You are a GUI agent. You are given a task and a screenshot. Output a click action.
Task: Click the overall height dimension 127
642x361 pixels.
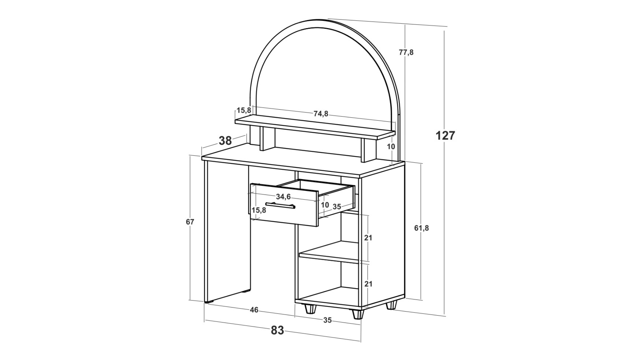445,135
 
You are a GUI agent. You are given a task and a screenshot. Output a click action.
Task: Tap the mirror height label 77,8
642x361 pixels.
406,52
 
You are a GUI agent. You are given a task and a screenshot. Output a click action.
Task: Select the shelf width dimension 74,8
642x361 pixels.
321,114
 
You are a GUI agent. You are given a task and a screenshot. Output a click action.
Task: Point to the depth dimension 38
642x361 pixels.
225,141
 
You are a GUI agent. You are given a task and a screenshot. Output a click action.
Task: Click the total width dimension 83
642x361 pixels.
277,330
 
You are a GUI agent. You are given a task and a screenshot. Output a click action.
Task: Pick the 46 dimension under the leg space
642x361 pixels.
254,310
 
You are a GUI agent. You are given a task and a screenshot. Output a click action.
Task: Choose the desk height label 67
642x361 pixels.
190,222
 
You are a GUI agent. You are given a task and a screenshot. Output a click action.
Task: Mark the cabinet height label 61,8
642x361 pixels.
421,228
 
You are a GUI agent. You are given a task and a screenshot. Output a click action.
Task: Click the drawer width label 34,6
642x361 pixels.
283,197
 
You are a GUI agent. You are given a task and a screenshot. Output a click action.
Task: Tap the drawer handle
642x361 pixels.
280,206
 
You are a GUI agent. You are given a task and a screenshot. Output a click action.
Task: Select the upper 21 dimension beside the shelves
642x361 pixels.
368,238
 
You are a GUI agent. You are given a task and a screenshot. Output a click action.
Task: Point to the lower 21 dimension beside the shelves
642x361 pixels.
368,284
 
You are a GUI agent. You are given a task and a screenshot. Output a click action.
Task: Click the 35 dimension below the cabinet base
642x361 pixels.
327,320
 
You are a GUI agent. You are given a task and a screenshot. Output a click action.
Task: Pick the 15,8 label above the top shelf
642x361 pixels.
244,110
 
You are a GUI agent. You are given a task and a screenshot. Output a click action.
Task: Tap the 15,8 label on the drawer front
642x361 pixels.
259,210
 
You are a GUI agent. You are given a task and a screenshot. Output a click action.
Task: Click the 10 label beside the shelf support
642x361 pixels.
391,146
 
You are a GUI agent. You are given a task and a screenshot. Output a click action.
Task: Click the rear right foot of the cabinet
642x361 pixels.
392,305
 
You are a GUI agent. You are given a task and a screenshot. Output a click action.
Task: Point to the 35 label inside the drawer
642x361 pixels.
337,207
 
